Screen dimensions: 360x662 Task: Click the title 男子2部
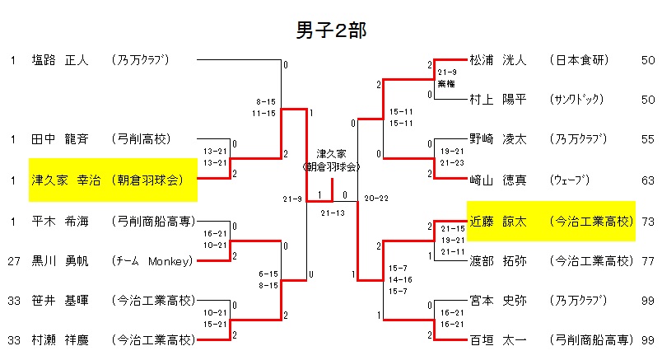pyautogui.click(x=331, y=30)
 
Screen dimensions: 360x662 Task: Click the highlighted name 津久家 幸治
pyautogui.click(x=65, y=180)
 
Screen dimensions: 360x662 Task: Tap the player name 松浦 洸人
pyautogui.click(x=497, y=60)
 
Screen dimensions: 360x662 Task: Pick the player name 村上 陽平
pyautogui.click(x=497, y=100)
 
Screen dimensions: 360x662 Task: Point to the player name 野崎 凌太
pyautogui.click(x=497, y=139)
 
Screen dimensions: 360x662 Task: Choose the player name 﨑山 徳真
pyautogui.click(x=497, y=180)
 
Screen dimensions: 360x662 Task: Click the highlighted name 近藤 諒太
pyautogui.click(x=497, y=221)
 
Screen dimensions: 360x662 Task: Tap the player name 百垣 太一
pyautogui.click(x=497, y=339)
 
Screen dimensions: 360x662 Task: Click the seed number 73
pyautogui.click(x=647, y=221)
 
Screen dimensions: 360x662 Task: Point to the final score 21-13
pyautogui.click(x=333, y=213)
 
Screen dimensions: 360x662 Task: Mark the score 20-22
pyautogui.click(x=375, y=199)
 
